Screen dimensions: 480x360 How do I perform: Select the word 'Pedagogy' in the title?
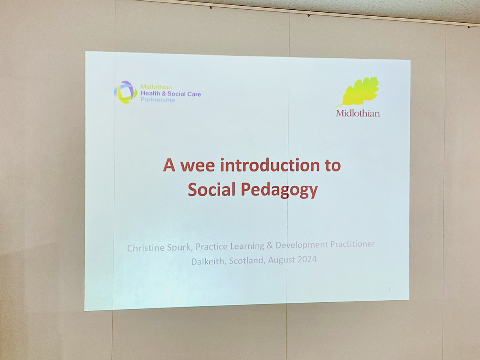click(x=279, y=190)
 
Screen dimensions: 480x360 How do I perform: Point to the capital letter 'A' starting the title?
click(x=169, y=165)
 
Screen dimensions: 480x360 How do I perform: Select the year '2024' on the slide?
click(x=307, y=259)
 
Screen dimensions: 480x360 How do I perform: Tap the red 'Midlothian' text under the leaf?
click(x=358, y=113)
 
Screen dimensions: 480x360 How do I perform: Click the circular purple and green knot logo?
click(x=126, y=92)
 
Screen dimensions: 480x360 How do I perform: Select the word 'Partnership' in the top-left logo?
click(x=158, y=100)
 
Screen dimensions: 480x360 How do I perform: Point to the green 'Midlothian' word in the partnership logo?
click(x=156, y=87)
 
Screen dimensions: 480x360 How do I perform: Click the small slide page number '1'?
click(x=389, y=289)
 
